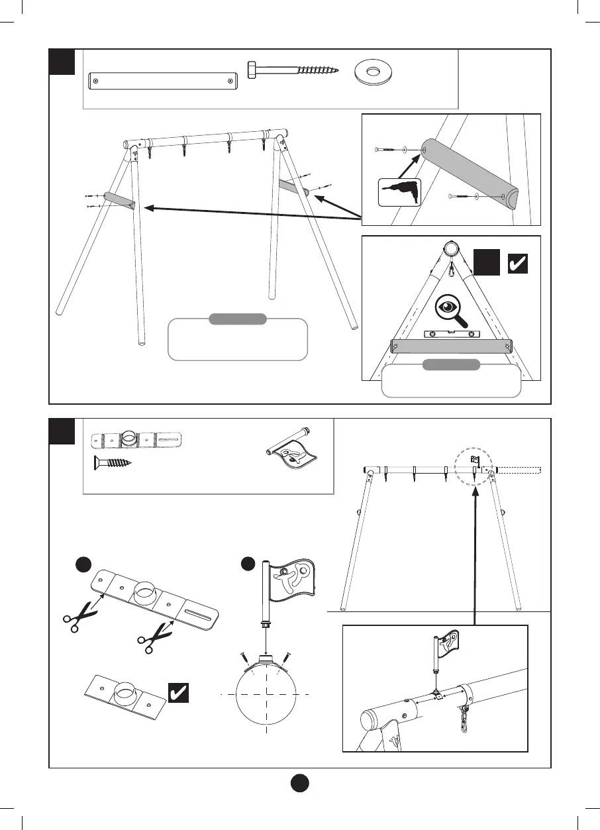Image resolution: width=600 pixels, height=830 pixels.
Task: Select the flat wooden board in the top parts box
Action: pyautogui.click(x=162, y=81)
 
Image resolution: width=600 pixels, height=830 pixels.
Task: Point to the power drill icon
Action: pyautogui.click(x=399, y=192)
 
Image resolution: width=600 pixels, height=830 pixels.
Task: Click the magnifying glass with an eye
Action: pyautogui.click(x=452, y=309)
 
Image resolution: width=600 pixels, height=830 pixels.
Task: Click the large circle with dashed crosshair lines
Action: pyautogui.click(x=266, y=693)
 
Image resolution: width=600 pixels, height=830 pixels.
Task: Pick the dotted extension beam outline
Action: pyautogui.click(x=519, y=471)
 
